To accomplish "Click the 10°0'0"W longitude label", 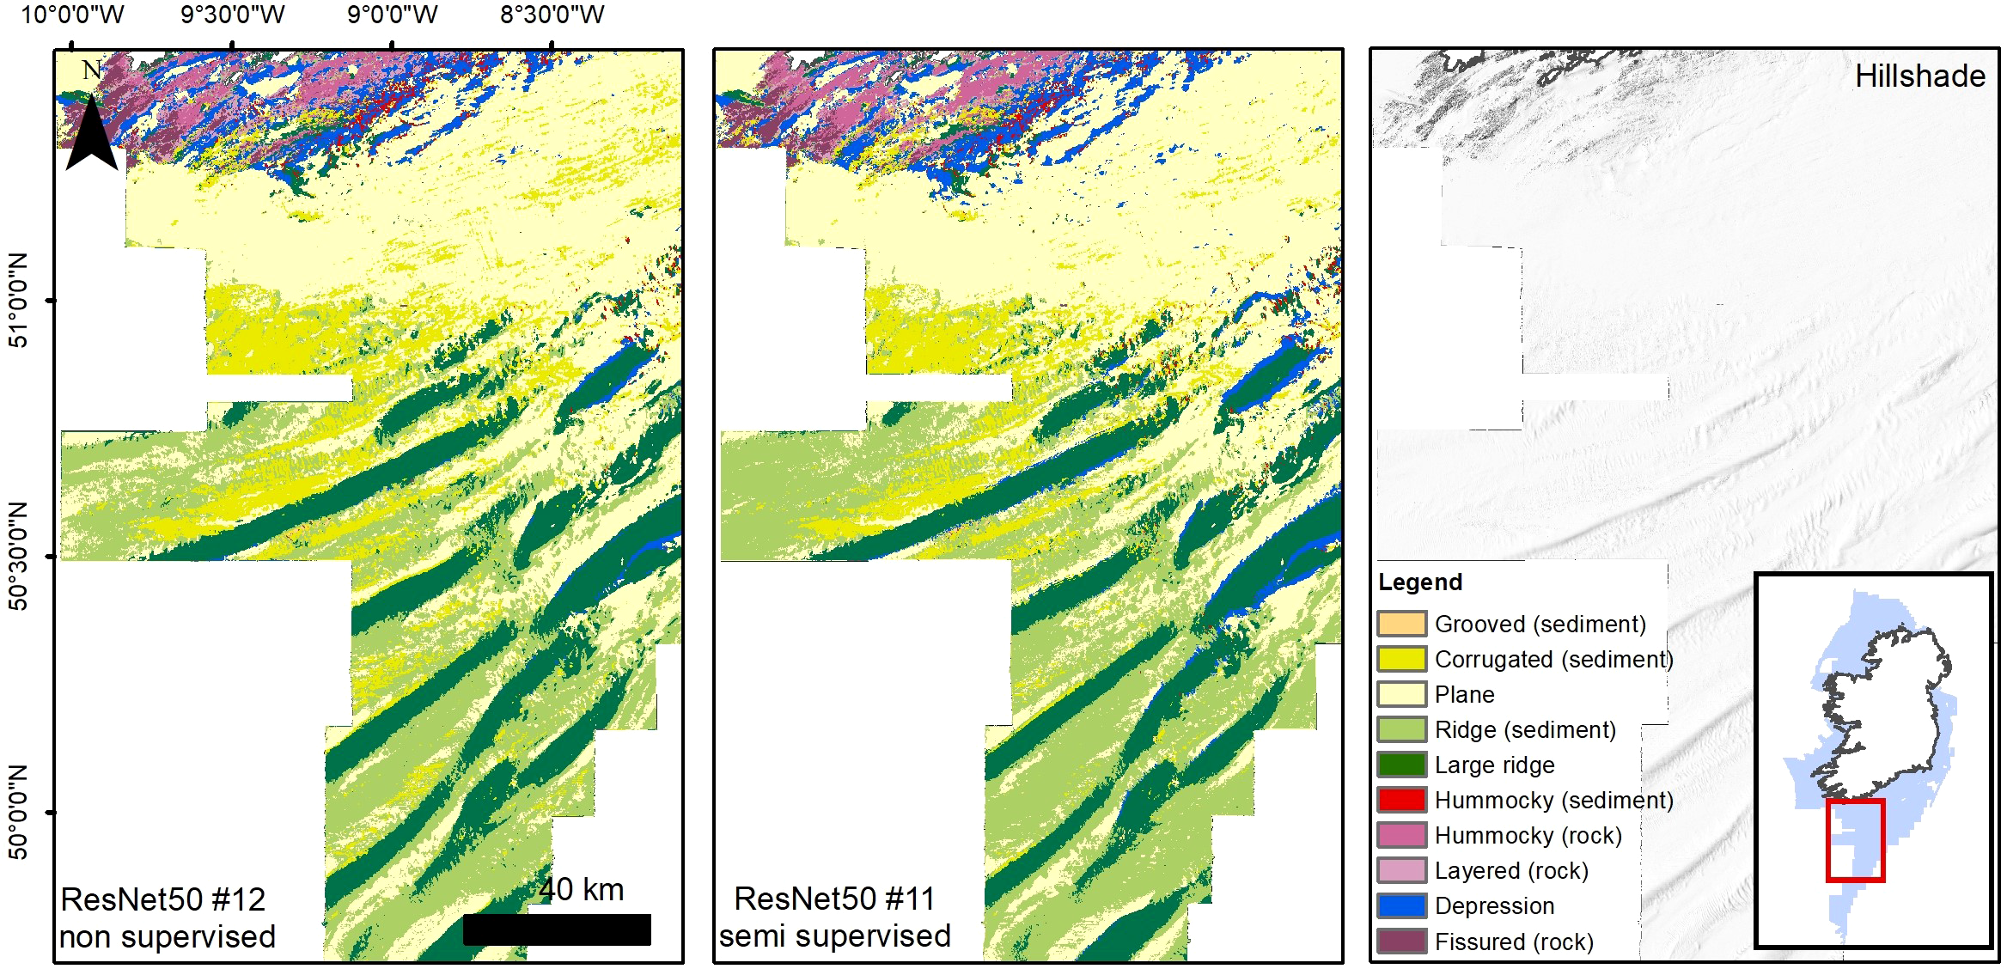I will (72, 15).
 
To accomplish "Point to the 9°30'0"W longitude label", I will (232, 15).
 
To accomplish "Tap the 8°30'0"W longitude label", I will (552, 15).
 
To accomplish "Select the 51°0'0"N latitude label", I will (18, 300).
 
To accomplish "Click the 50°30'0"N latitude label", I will (18, 556).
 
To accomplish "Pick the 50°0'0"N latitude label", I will (18, 812).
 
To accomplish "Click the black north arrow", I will (91, 133).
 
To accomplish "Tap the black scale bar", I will (557, 929).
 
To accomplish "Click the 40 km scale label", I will (582, 890).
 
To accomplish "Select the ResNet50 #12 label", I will (163, 899).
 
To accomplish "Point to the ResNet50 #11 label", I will (834, 899).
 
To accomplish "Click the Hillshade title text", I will (1919, 76).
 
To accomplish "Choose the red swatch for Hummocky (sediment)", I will (1401, 800).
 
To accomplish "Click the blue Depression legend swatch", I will (1401, 905).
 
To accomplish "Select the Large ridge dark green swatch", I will (1401, 765).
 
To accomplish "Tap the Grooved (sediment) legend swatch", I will (1401, 624).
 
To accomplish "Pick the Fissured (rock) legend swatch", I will (1401, 941).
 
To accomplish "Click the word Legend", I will (1419, 582).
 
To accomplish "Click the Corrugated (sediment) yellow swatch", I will (1401, 659).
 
